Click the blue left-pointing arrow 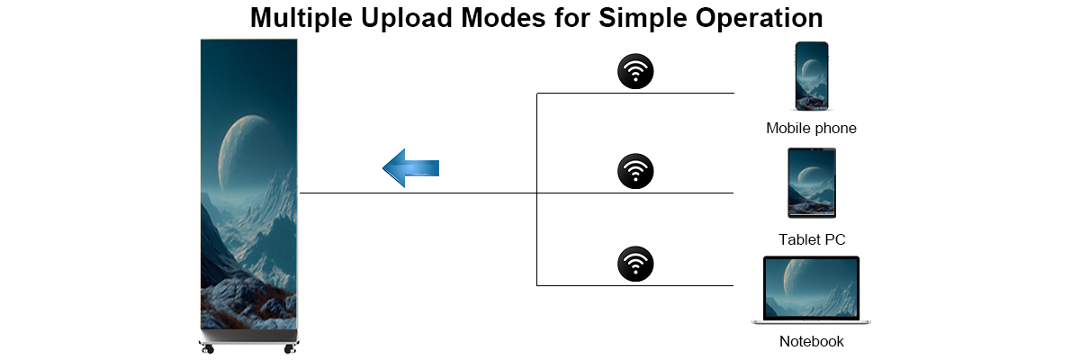point(410,168)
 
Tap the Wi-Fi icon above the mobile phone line point(635,71)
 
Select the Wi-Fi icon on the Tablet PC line point(635,171)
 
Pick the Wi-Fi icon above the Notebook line point(635,264)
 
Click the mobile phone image point(812,76)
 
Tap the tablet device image point(812,183)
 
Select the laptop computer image point(812,290)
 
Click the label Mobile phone point(812,128)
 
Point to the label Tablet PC point(812,239)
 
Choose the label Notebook point(812,341)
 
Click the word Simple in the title point(643,19)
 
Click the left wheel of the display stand point(208,348)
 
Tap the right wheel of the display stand point(290,348)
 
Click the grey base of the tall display point(248,337)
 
